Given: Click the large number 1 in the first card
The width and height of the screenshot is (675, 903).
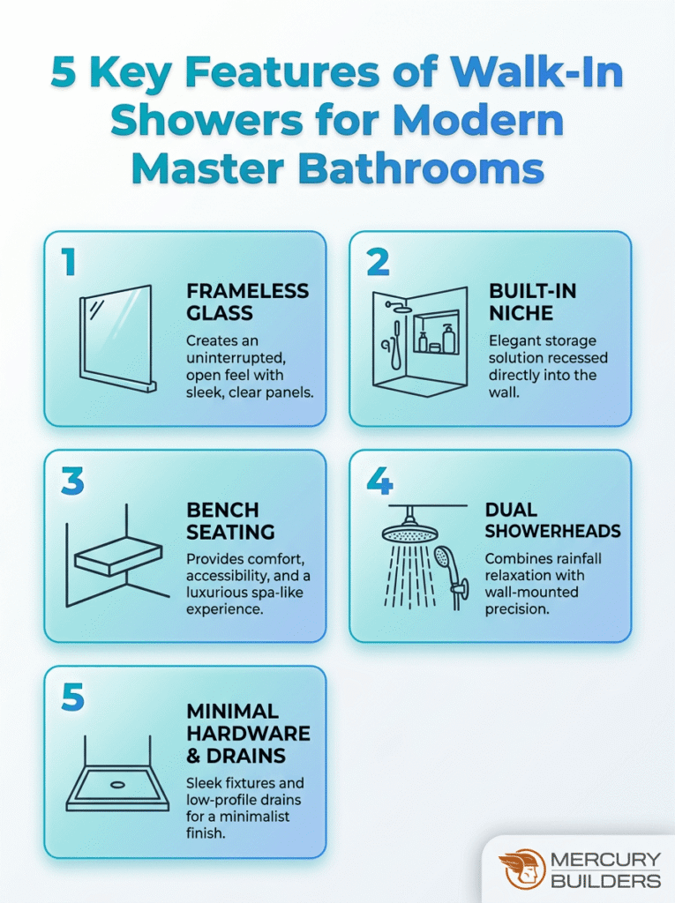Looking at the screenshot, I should tap(70, 264).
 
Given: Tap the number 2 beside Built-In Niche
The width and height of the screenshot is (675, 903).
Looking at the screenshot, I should tap(379, 264).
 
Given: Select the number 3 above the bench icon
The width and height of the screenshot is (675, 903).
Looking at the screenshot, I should tap(72, 481).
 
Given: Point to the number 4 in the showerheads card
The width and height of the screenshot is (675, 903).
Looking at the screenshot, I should tap(379, 481).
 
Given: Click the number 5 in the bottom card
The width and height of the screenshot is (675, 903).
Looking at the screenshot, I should tap(72, 698).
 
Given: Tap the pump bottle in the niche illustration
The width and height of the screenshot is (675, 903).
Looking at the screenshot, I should tap(449, 338).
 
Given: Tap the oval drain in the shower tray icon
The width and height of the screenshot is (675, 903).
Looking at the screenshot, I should tap(117, 784).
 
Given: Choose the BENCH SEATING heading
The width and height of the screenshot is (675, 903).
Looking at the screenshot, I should tap(230, 521).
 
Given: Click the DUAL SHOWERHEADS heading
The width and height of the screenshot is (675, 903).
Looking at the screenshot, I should tap(552, 520).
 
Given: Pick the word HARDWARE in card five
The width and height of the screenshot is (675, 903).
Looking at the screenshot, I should tap(248, 734).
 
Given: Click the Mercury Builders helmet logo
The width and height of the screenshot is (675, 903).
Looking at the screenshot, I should tap(521, 868).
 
